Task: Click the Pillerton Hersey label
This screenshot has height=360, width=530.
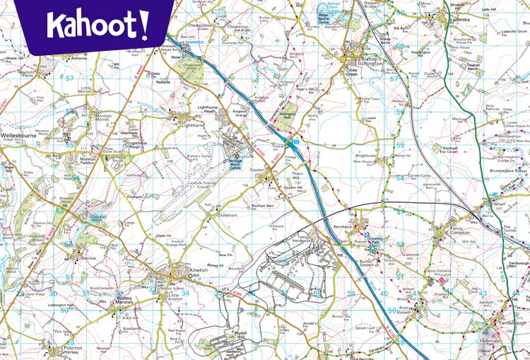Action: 71,351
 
